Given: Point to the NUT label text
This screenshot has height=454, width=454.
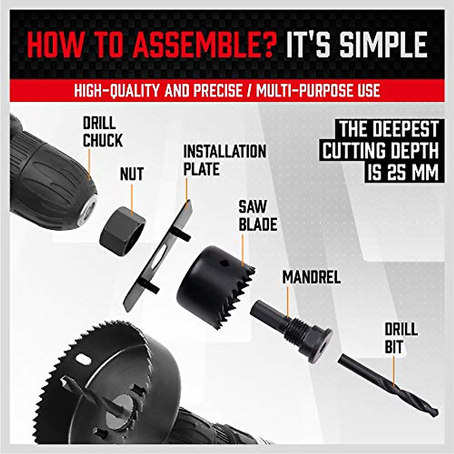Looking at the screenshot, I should click(132, 174).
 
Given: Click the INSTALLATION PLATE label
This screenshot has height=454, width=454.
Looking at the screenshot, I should click(224, 160).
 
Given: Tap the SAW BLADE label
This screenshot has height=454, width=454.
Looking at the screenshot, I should click(257, 216).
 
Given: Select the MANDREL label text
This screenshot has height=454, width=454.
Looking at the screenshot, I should click(311, 277).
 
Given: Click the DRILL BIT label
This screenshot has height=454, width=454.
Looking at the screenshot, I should click(401, 338).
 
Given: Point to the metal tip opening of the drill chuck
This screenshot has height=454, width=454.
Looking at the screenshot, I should click(89, 208).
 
